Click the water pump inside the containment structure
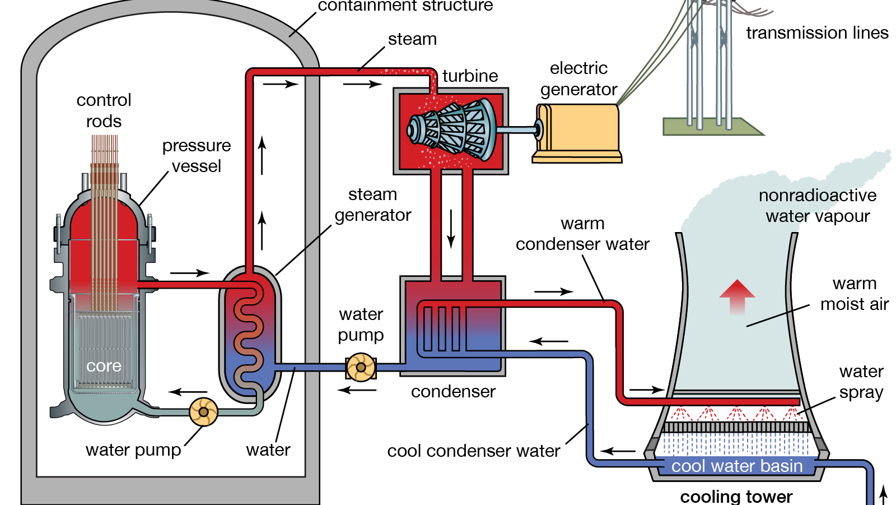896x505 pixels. [203, 412]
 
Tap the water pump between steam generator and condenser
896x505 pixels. [361, 368]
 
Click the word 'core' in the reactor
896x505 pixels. [104, 366]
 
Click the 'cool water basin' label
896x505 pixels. [737, 466]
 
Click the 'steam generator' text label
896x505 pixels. [373, 205]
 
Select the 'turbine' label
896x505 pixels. [470, 76]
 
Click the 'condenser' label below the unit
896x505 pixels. [453, 391]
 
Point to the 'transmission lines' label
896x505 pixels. [817, 33]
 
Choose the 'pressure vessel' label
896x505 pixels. [197, 156]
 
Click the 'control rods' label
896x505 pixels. [104, 110]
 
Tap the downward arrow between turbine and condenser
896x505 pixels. [451, 229]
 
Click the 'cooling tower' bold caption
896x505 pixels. [736, 496]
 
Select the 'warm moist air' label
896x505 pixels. [855, 294]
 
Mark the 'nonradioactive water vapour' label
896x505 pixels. [818, 206]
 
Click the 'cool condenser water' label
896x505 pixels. [474, 451]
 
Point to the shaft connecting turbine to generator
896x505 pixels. [518, 130]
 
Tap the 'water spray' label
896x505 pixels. [861, 382]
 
